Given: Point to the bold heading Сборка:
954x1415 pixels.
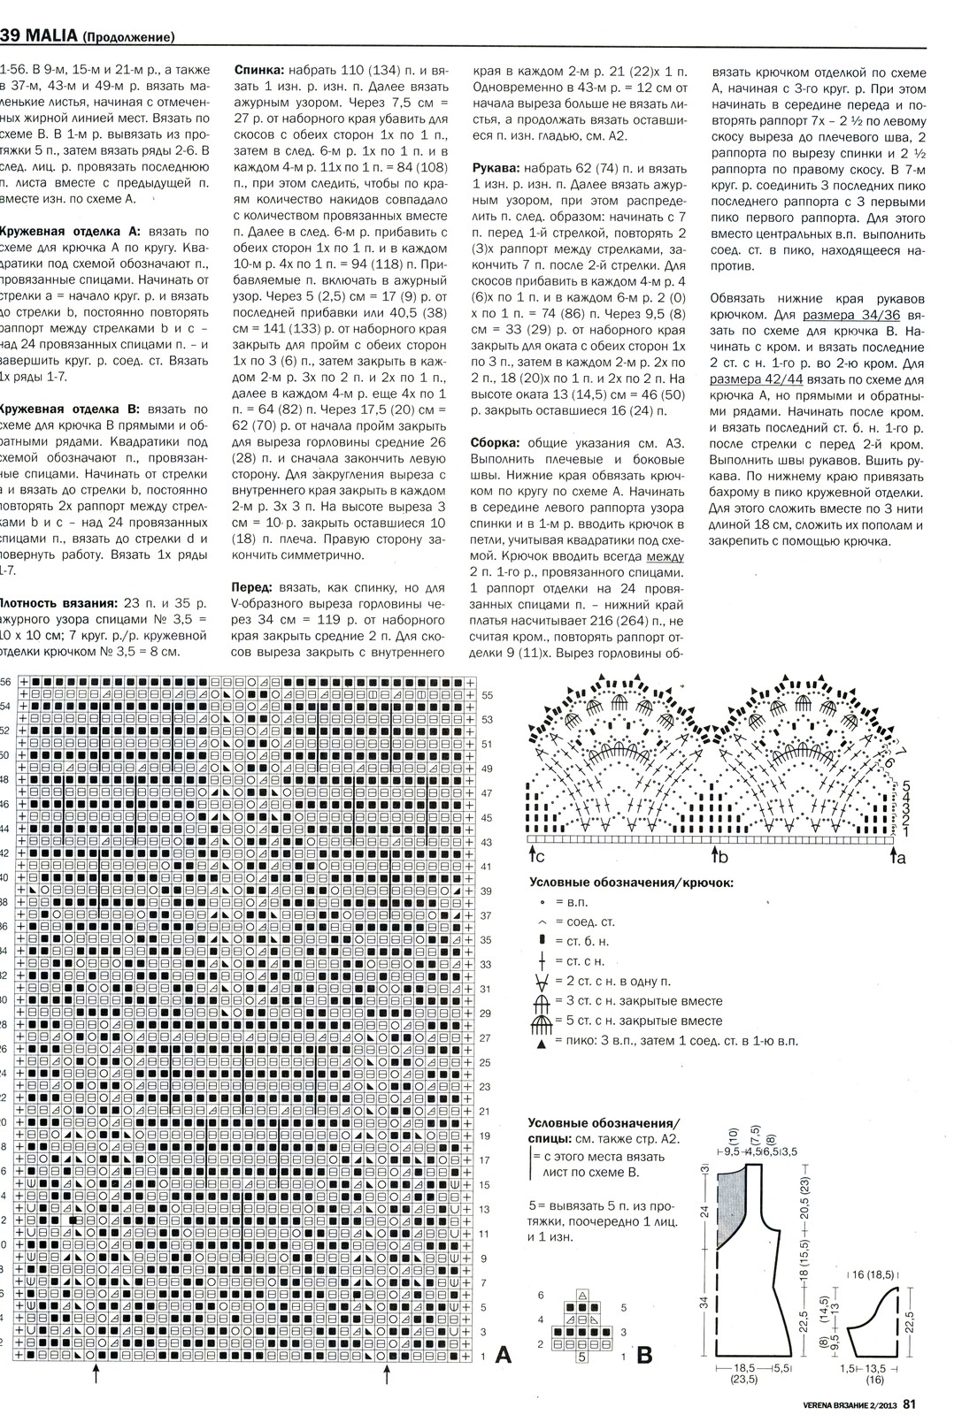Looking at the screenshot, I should (497, 442).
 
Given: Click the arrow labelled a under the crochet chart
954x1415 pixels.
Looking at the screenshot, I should (893, 856).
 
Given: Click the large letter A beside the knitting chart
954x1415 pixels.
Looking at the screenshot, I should (503, 1354).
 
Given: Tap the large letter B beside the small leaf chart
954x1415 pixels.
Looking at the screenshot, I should (644, 1355).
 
